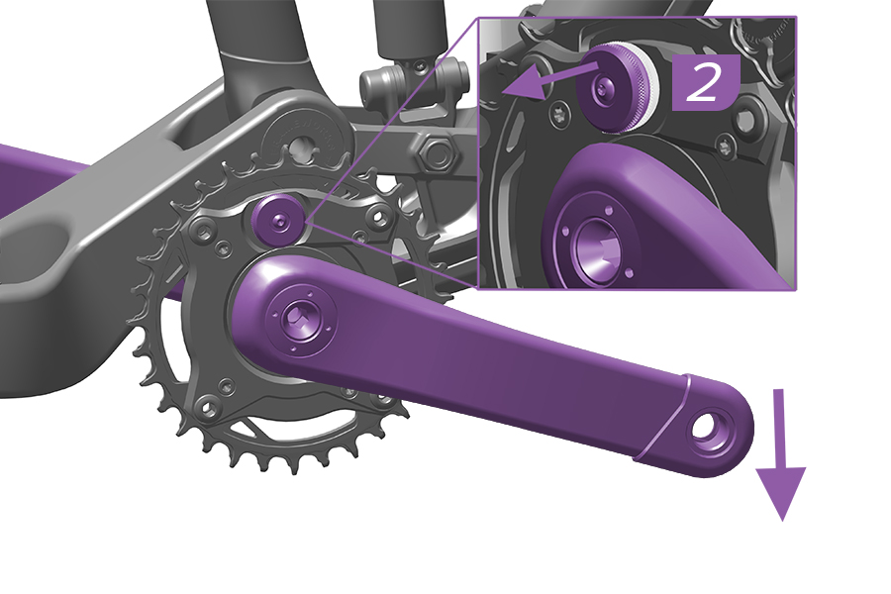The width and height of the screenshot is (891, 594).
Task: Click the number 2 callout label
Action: point(704,84)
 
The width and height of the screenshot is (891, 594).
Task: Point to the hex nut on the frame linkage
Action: point(433,152)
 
